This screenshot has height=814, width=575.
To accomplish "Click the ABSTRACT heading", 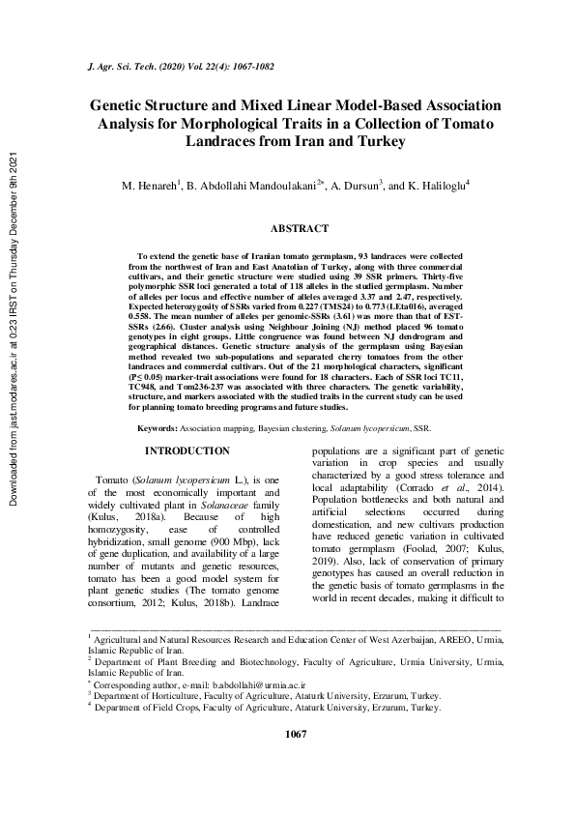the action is coord(299,229).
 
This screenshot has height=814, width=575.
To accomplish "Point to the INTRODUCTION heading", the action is coord(187,451).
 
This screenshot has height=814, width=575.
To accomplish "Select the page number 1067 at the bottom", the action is coord(297,763).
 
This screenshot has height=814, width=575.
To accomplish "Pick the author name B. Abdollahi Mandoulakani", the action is coord(254,184).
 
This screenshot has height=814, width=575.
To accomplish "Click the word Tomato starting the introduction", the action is coord(108,480).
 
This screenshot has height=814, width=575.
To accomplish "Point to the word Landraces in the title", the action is coord(219,141).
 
